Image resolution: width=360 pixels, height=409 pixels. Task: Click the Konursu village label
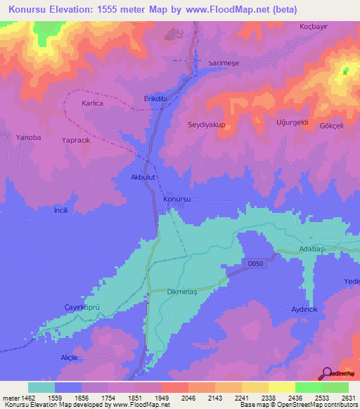pos(176,200)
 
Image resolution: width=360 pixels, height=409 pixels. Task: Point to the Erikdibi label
pos(157,98)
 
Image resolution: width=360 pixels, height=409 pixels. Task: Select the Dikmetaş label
pos(184,291)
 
